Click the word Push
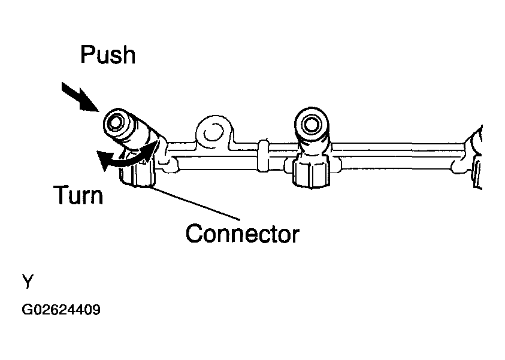point(108,55)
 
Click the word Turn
point(78,195)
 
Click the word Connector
point(243,234)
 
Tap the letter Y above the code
point(28,281)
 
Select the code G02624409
point(61,310)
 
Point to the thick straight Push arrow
point(80,96)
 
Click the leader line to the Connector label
point(195,204)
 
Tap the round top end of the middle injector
point(311,125)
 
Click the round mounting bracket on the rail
point(213,132)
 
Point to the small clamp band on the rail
point(263,156)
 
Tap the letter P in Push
point(87,54)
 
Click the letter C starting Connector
point(194,234)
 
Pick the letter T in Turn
point(62,195)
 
